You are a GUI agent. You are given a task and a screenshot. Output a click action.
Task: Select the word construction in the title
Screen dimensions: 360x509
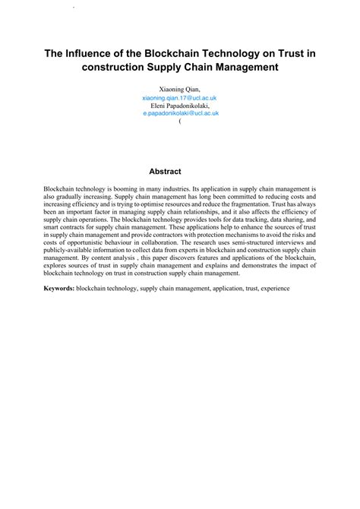point(116,67)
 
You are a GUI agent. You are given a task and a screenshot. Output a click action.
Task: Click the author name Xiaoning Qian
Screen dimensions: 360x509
point(179,90)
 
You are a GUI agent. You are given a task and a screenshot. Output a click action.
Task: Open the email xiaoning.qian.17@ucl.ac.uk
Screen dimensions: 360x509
point(180,98)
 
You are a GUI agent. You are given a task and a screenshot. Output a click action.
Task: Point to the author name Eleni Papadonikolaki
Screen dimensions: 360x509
point(180,106)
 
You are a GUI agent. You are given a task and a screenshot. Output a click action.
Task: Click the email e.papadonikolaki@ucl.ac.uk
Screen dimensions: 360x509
point(180,113)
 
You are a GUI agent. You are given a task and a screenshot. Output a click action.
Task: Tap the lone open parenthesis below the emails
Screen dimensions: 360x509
point(179,121)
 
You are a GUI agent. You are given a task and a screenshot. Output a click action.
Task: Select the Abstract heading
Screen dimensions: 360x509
point(180,172)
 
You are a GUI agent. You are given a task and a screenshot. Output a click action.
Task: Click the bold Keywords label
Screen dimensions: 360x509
point(59,289)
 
